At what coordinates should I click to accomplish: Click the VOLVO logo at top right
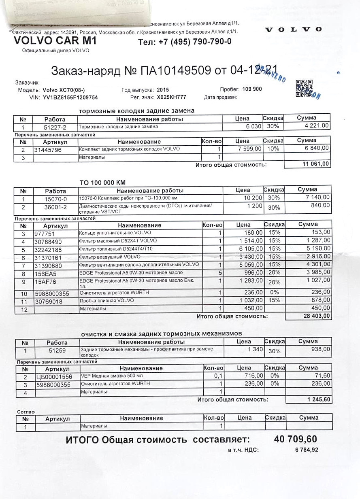tap(293, 29)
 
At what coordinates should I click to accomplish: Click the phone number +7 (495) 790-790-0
tap(185, 42)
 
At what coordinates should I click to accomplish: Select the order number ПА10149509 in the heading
tap(175, 71)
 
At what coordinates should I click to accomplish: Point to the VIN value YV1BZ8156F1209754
tap(70, 98)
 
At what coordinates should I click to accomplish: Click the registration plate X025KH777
tap(171, 98)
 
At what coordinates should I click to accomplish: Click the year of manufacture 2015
tap(163, 89)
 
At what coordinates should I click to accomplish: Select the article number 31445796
tap(49, 149)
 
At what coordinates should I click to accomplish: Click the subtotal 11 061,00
tap(316, 164)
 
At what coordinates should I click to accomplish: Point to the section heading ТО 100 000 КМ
tap(102, 183)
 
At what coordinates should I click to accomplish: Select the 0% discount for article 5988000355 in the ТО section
tap(274, 292)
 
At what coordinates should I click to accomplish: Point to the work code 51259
tap(57, 351)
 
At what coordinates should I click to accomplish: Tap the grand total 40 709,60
tap(295, 439)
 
